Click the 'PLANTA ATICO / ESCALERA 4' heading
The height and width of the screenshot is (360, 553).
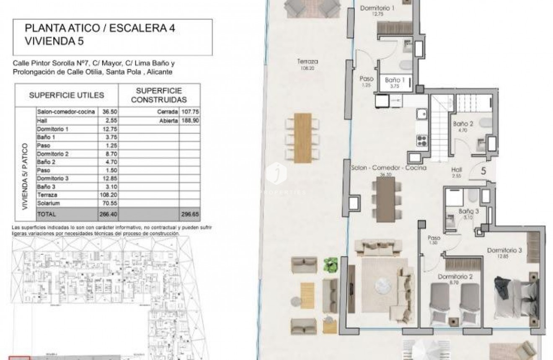100,28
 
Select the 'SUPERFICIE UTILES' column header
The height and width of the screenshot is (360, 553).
67,95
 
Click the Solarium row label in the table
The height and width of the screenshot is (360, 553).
49,203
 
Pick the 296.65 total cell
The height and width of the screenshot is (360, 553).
189,213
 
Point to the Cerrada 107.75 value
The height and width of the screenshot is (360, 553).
189,112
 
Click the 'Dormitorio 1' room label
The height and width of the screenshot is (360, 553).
377,8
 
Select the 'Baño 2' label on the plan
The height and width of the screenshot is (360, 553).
463,124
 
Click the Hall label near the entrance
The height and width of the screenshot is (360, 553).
457,170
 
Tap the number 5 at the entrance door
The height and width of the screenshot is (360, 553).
483,171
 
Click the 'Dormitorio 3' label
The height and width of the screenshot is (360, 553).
504,251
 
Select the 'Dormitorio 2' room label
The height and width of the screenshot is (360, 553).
455,277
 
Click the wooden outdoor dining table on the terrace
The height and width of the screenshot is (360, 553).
302,137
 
